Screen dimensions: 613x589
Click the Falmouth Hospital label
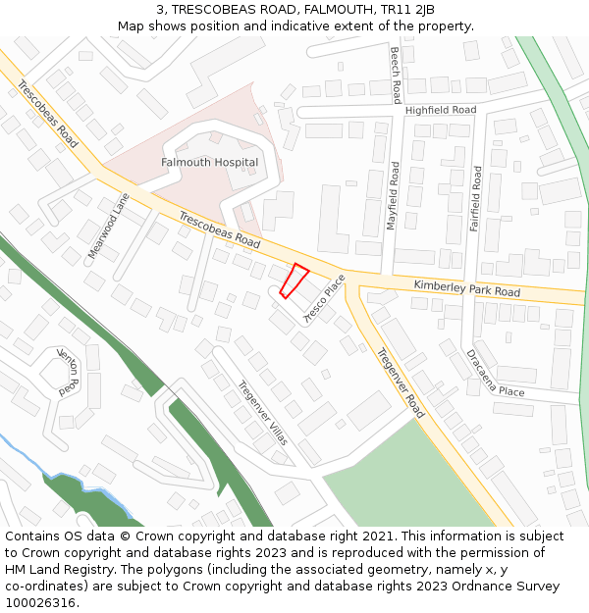point(209,162)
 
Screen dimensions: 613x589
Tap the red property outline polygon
point(294,281)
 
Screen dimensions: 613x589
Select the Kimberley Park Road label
point(466,287)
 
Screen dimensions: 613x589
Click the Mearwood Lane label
point(109,226)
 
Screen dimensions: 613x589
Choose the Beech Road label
point(396,75)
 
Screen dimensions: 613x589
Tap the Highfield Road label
point(440,111)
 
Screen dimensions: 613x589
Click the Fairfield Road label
point(476,198)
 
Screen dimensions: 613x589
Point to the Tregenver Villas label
point(263,413)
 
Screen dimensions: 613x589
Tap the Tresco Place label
point(325,299)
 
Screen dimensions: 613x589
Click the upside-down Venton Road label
point(69,371)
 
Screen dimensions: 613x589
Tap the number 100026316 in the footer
point(39,602)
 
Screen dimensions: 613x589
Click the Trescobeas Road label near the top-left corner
point(47,108)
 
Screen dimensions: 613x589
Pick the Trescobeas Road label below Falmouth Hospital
point(220,229)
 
